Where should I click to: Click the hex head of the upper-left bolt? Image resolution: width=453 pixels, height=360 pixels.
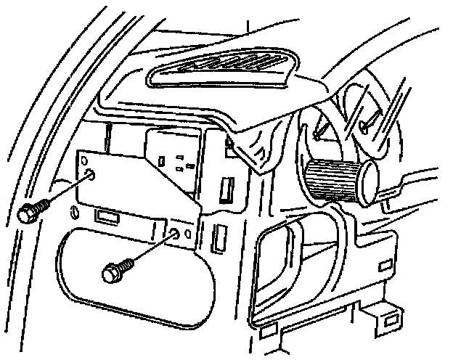28,213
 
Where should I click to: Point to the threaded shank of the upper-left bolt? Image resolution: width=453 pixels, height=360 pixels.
42,205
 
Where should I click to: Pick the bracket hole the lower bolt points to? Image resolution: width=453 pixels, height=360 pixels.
175,234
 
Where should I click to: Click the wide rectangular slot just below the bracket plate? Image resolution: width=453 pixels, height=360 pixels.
107,216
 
